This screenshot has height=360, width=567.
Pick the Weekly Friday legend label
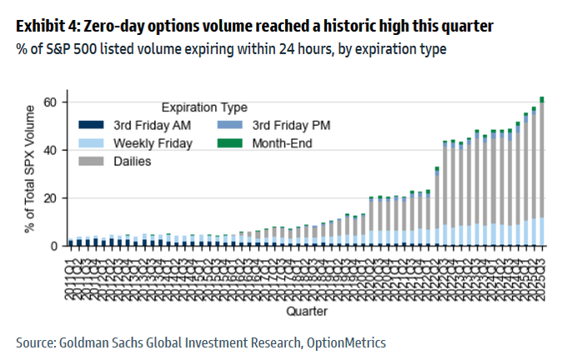pos(153,142)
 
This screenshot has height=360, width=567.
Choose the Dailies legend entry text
pos(133,161)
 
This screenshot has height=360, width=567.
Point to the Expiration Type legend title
pos(201,107)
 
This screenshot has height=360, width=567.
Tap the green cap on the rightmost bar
pos(542,99)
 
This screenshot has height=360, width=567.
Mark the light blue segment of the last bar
pos(542,232)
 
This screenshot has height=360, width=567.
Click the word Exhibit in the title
pos(40,27)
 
